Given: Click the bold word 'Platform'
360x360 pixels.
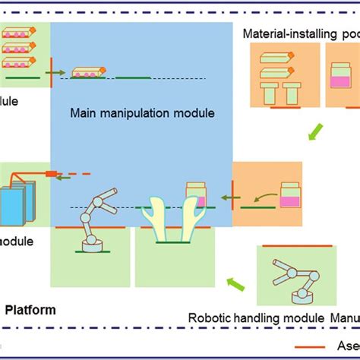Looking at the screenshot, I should click(30, 310).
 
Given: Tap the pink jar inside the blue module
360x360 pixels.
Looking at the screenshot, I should click(195, 193).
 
